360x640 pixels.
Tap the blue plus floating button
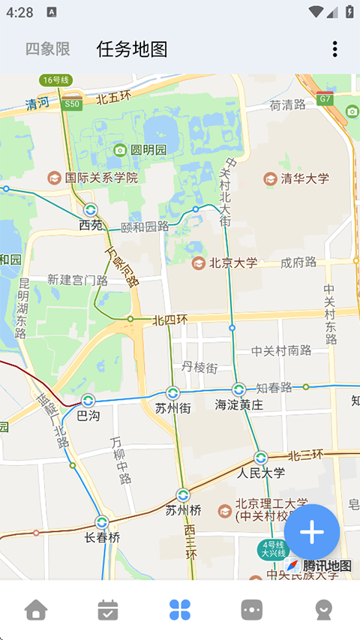312,532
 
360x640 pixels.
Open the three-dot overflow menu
334,50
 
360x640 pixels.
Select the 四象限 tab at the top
48,50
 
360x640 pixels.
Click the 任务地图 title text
132,50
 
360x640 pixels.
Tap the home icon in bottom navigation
36,609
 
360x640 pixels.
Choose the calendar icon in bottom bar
108,609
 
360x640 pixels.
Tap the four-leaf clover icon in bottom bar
180,609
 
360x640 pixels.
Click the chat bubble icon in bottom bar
252,609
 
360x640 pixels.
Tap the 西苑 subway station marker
91,210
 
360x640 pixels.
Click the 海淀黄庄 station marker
238,390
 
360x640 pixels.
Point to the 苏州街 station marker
172,393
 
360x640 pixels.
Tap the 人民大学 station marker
261,458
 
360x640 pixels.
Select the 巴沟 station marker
88,401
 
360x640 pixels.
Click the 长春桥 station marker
102,522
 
